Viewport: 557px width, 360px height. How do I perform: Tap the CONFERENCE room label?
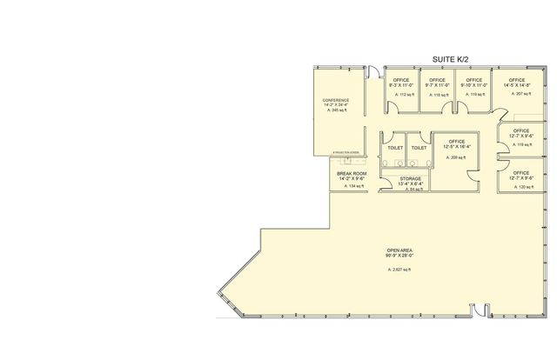click(x=336, y=101)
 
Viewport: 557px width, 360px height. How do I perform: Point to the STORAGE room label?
click(x=411, y=178)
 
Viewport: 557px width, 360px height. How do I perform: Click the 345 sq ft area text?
click(x=336, y=111)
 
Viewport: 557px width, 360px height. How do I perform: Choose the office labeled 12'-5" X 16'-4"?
click(x=456, y=146)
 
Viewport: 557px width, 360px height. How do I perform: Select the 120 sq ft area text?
click(x=521, y=185)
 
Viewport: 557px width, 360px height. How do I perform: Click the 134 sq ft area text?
click(x=352, y=186)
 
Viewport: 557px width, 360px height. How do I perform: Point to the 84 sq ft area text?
click(x=411, y=189)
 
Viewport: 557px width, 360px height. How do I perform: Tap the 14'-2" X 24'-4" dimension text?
click(x=336, y=106)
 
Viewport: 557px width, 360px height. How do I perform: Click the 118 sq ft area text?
click(x=436, y=93)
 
